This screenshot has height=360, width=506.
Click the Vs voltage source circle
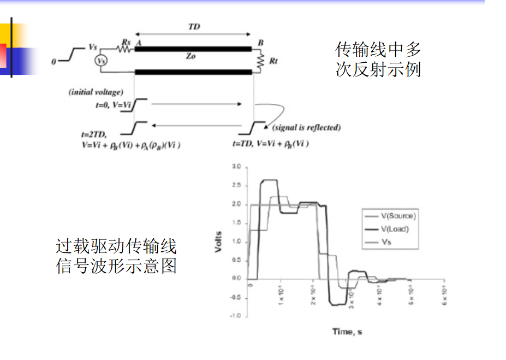tap(101, 61)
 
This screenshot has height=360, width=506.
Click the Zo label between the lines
tap(191, 56)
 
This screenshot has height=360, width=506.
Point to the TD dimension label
tap(194, 26)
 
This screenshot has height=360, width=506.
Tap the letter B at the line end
tap(260, 42)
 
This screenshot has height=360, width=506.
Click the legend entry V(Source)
tap(398, 215)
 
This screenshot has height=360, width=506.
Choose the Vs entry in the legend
tap(386, 241)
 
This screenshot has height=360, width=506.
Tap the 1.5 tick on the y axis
tap(236, 222)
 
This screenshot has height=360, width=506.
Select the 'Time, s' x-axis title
tap(347, 331)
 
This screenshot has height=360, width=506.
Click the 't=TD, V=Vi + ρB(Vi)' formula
tap(271, 145)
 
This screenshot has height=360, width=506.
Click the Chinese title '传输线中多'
tap(378, 50)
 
